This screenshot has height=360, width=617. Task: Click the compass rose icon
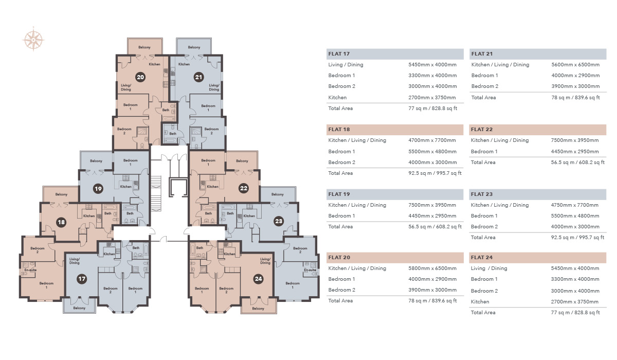click(34, 40)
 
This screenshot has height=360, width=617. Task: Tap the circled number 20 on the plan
click(139, 77)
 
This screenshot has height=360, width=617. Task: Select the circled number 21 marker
click(198, 77)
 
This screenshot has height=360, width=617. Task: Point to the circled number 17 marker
click(82, 279)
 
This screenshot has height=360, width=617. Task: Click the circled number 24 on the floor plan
click(259, 279)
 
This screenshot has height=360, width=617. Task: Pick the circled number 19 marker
click(98, 189)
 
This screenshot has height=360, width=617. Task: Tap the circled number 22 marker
click(244, 189)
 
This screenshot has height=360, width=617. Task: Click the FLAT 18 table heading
click(339, 130)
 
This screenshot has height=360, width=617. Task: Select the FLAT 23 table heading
click(482, 194)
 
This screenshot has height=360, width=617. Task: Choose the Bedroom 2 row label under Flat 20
click(341, 290)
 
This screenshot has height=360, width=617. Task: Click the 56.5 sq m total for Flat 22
click(575, 163)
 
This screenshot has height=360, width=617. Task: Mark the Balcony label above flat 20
click(144, 47)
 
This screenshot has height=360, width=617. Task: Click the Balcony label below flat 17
click(79, 308)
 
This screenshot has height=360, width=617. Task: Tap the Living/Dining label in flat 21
click(214, 87)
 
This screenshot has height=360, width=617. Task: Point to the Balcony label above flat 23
click(278, 194)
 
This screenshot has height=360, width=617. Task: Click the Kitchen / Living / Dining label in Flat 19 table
click(357, 205)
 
